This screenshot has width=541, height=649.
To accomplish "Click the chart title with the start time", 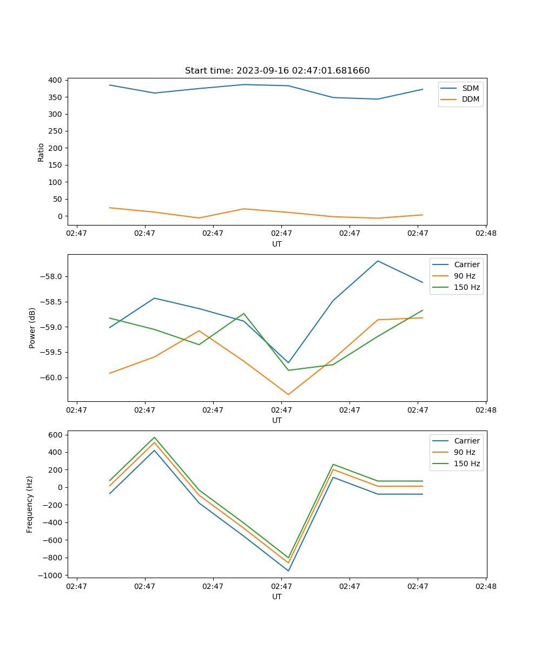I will click(277, 71).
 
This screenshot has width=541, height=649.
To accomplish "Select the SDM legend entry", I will click(470, 88).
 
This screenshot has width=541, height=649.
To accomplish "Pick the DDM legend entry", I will click(470, 99).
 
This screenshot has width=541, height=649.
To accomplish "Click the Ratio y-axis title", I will click(41, 152).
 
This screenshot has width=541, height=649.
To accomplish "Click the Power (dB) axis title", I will click(32, 328).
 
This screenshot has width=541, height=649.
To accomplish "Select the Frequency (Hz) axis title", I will click(30, 504).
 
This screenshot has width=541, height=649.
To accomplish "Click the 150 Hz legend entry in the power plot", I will click(467, 287).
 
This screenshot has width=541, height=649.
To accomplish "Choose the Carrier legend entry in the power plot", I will click(466, 264).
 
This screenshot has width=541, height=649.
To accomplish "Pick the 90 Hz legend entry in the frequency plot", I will click(465, 452).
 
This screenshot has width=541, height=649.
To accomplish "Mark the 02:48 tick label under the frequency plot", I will click(485, 586).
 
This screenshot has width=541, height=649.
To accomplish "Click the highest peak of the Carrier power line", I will click(378, 261).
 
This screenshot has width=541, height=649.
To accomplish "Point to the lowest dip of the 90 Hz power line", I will click(288, 394).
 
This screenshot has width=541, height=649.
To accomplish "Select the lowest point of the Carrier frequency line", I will click(288, 571).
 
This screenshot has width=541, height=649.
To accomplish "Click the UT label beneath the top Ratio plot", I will click(277, 244).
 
